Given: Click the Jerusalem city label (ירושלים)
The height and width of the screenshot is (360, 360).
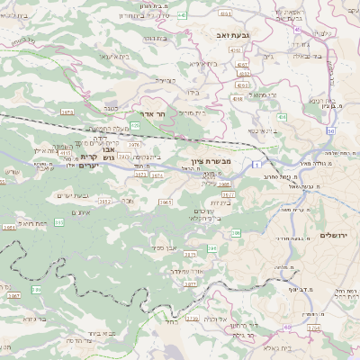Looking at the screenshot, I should point(335,235).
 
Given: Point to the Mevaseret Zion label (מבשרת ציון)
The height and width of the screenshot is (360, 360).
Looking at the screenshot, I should point(212,161).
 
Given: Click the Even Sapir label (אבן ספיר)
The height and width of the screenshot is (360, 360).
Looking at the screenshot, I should point(168,247).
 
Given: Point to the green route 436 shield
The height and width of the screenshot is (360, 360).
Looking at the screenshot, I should point(283,117).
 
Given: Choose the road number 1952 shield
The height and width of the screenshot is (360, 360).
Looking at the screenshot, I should point(104,202).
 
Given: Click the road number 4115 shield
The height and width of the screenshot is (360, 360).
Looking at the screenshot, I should point(66,153).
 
